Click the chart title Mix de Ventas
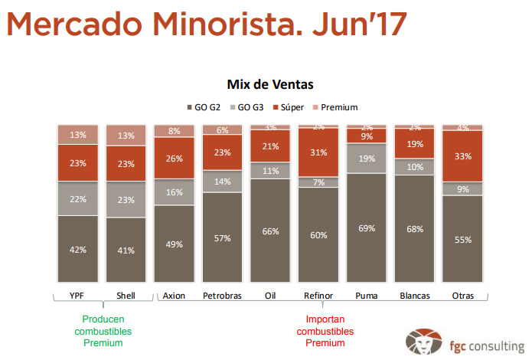[270, 83]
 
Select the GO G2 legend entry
[204, 107]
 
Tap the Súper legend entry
[290, 107]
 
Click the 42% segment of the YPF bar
[78, 249]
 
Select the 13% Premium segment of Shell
[126, 136]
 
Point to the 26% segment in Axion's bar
[175, 159]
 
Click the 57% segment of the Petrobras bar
[223, 237]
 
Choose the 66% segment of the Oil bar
[270, 231]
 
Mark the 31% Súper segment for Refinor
[318, 152]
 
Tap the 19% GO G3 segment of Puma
[367, 159]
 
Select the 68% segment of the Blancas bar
[415, 229]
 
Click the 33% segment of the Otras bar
[463, 156]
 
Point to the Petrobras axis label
[223, 296]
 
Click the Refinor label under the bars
[318, 296]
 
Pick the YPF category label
[78, 296]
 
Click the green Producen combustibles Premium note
[103, 331]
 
